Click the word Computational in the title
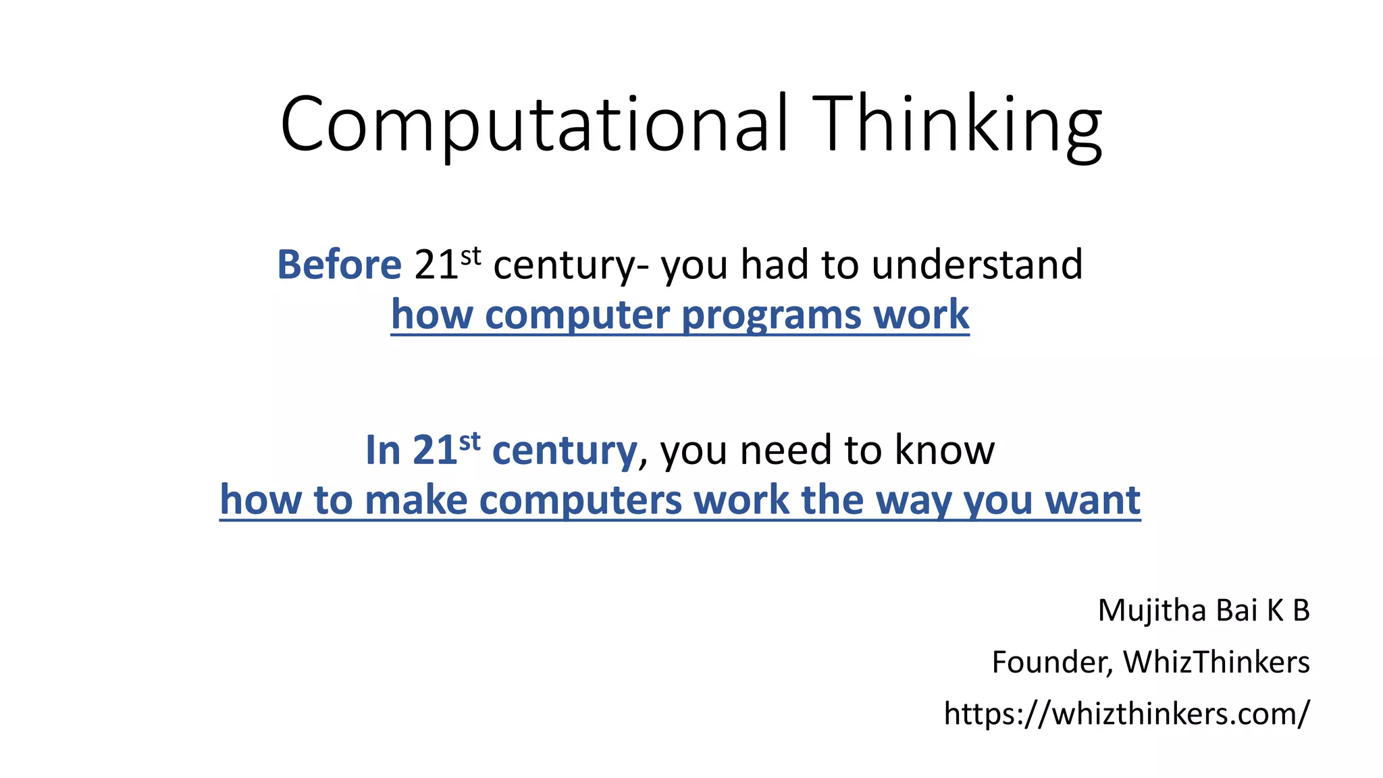[x=534, y=125]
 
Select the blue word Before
[x=339, y=264]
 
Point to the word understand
[x=976, y=264]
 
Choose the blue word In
[x=382, y=450]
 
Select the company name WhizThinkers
[x=1216, y=662]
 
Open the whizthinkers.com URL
[x=1126, y=713]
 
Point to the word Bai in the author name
[x=1236, y=611]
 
